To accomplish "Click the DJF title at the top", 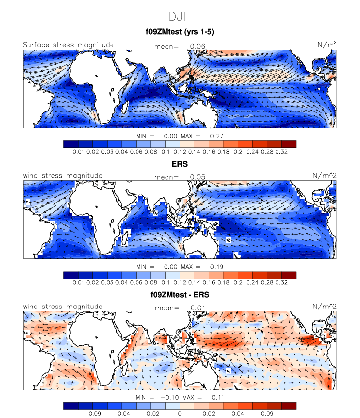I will [x=179, y=16].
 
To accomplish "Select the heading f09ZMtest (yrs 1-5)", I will [x=179, y=32].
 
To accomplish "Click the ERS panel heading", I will [x=180, y=163].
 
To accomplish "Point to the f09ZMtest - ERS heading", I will [x=180, y=294].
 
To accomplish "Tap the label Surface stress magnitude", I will [x=68, y=45].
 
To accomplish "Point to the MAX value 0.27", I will [x=217, y=136].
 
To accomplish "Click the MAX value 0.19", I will [x=217, y=266].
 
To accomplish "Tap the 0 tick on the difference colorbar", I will [x=180, y=414].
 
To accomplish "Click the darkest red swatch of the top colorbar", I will [x=288, y=144].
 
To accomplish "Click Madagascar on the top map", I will [x=125, y=106].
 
